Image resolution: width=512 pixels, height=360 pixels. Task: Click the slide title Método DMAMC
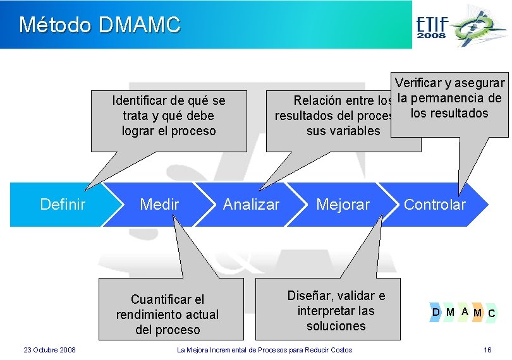tap(100, 25)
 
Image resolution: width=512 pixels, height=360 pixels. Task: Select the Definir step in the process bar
tap(63, 204)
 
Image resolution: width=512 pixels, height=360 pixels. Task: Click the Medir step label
tap(159, 204)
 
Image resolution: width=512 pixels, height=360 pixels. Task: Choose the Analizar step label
tap(251, 204)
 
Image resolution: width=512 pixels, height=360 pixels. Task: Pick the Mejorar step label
tap(343, 204)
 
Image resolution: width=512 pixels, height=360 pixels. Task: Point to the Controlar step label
tap(434, 204)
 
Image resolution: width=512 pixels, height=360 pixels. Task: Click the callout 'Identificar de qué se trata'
tap(169, 116)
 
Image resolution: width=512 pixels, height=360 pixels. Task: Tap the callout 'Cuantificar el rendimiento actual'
tap(168, 314)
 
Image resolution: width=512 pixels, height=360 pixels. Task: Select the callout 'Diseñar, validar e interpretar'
tap(336, 311)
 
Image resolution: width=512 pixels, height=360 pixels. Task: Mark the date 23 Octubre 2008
tap(49, 350)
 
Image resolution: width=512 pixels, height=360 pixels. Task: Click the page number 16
tap(487, 350)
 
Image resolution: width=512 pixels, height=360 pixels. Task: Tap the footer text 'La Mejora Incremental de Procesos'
tap(264, 350)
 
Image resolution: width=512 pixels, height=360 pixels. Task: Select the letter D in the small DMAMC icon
tap(436, 311)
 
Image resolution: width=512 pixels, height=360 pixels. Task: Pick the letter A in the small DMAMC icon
tap(464, 311)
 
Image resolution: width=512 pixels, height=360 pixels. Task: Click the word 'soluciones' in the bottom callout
tap(336, 326)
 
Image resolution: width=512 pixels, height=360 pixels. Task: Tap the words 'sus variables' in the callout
tap(343, 131)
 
